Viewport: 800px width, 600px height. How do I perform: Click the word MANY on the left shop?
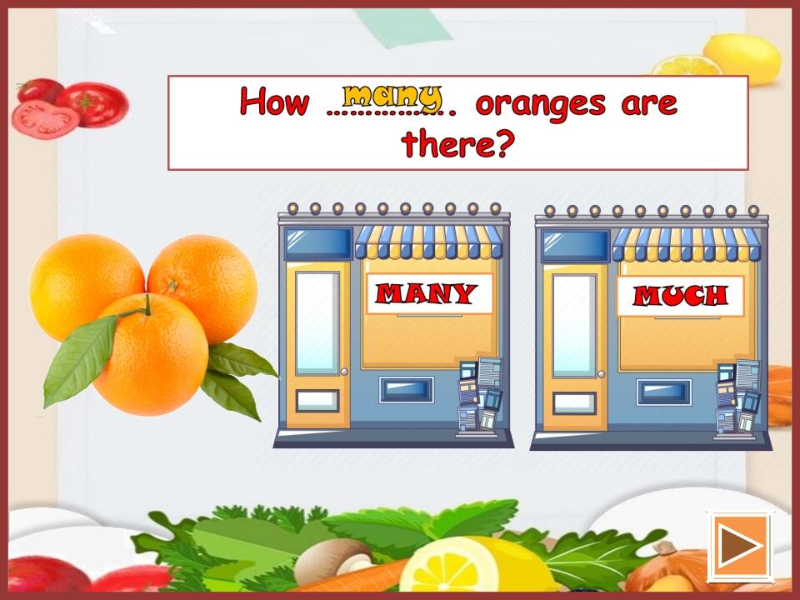(x=426, y=293)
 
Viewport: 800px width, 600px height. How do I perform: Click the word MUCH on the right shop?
(x=680, y=296)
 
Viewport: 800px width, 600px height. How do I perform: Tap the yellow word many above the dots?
(x=392, y=94)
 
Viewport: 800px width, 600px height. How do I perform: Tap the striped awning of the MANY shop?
(x=429, y=242)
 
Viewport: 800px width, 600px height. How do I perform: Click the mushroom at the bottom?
(x=332, y=559)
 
